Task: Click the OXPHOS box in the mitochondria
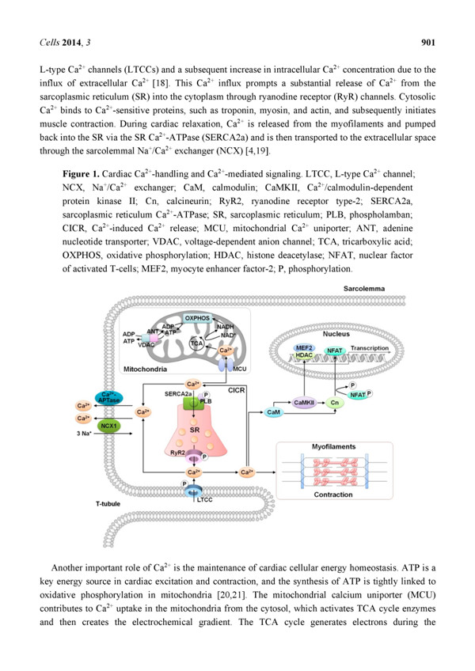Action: [197, 318]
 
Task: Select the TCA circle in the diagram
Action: [196, 343]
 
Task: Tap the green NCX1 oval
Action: [108, 426]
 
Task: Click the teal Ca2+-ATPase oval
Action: [108, 397]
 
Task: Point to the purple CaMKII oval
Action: [305, 402]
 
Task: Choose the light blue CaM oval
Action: [273, 412]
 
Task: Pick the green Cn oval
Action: [335, 402]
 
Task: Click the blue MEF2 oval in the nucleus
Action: [304, 348]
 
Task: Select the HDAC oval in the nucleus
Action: [304, 355]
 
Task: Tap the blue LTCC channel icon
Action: [194, 491]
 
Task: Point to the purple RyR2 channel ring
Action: [194, 458]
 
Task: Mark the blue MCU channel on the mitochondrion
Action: [226, 365]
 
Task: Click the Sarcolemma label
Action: [364, 289]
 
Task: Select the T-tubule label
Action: [108, 504]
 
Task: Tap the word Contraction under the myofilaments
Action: [333, 495]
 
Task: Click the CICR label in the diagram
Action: [236, 390]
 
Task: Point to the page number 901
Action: [428, 42]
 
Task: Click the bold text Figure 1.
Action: [81, 174]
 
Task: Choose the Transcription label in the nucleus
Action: [369, 348]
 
